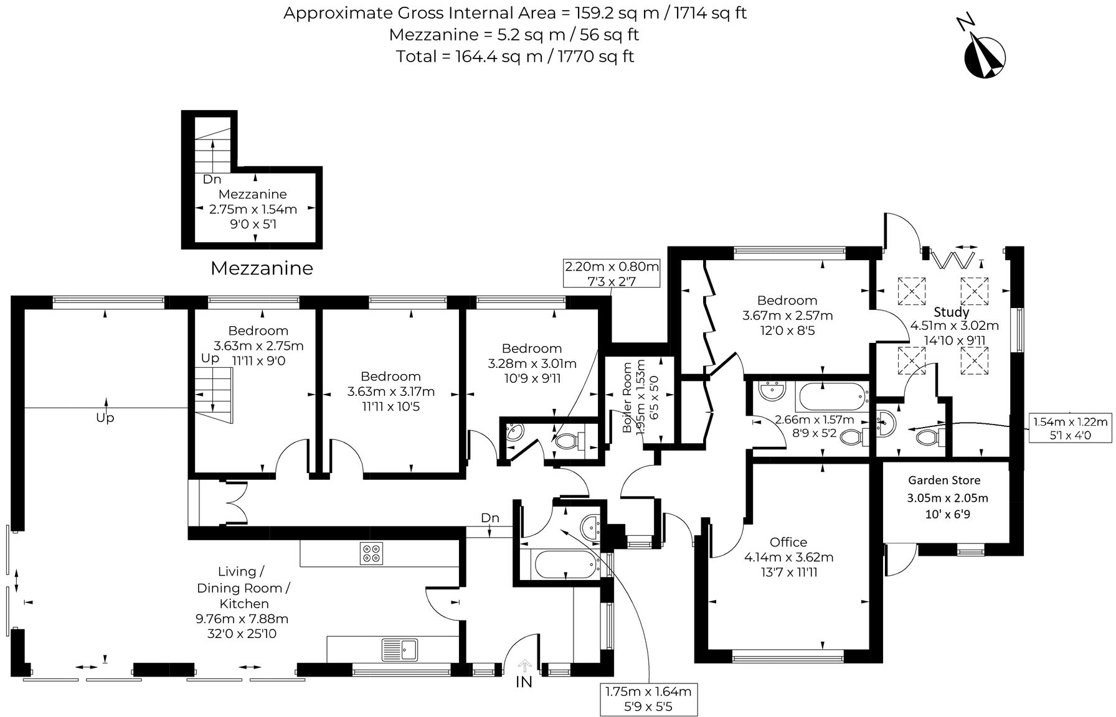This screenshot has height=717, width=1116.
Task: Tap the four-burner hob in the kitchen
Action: click(372, 553)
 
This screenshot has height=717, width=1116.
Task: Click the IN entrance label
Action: click(524, 682)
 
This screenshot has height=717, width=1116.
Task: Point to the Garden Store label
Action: click(944, 480)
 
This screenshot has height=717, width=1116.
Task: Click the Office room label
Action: click(788, 542)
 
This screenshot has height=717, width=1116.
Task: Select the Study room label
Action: click(952, 312)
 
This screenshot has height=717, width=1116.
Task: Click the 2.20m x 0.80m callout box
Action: click(611, 273)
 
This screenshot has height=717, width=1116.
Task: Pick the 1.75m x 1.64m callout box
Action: click(648, 699)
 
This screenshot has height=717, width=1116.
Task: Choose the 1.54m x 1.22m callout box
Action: click(1070, 428)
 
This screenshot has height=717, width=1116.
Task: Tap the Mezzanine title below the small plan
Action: click(262, 268)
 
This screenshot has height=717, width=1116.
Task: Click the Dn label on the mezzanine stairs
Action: click(212, 179)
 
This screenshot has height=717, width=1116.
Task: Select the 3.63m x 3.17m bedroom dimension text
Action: click(391, 391)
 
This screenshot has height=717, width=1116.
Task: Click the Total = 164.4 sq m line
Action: click(514, 57)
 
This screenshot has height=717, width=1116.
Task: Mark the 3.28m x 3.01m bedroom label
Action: click(531, 363)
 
